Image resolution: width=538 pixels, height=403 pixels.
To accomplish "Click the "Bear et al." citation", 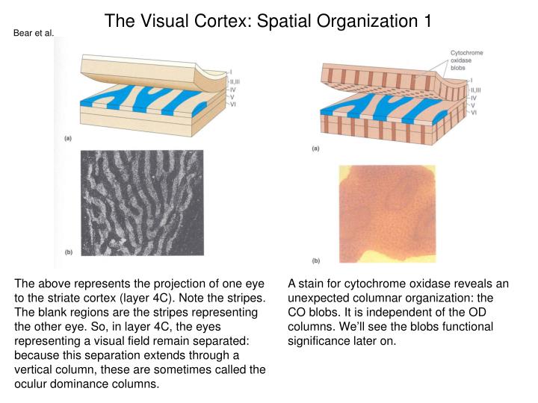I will (34, 32).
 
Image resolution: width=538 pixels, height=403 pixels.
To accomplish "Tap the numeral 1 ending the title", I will (427, 19).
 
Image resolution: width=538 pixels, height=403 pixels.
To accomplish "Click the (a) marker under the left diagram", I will (67, 139).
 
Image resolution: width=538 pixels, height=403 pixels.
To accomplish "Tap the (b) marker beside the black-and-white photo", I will (67, 254).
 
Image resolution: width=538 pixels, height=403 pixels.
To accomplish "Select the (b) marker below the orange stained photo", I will (315, 260).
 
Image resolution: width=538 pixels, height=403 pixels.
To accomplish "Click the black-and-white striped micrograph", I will (141, 203).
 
